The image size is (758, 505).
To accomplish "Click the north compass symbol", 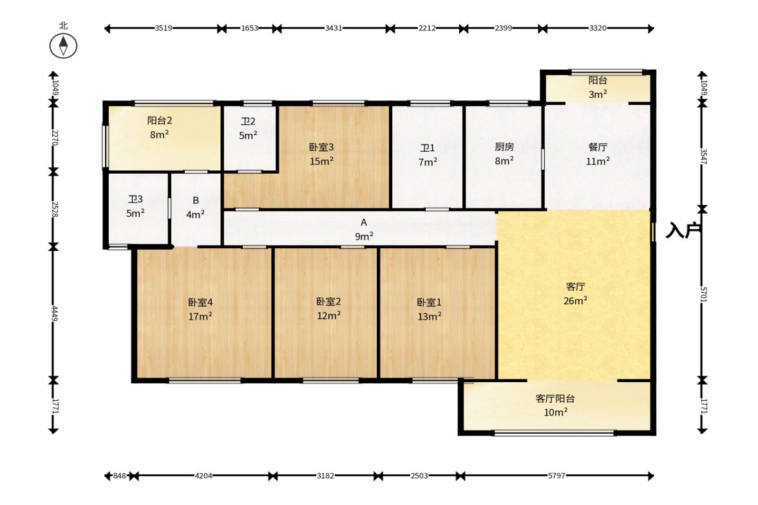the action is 63,46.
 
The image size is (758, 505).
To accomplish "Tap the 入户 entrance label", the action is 683,231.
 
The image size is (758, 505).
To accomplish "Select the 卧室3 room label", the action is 321,147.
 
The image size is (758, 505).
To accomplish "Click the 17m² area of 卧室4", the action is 200,317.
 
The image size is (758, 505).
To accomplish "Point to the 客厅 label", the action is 575,287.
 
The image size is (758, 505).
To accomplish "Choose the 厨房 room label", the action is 504,147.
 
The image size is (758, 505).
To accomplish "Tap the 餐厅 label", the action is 598,147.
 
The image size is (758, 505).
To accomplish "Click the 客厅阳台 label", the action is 555,399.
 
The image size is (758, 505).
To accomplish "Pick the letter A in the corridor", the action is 364,223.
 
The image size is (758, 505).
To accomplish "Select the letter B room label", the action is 196,200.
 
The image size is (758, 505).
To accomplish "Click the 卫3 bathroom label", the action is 135,199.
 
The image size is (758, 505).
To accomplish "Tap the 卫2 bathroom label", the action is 248,122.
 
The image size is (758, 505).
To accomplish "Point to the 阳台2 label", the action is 160,121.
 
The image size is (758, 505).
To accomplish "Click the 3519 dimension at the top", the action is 164,28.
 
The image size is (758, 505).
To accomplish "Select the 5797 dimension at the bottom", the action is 556,475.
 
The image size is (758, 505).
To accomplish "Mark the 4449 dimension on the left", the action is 55,313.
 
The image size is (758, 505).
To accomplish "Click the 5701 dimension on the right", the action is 703,295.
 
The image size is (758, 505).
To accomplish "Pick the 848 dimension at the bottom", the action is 119,475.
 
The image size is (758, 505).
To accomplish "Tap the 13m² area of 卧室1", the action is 430,317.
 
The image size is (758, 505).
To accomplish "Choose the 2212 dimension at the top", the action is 427,28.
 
